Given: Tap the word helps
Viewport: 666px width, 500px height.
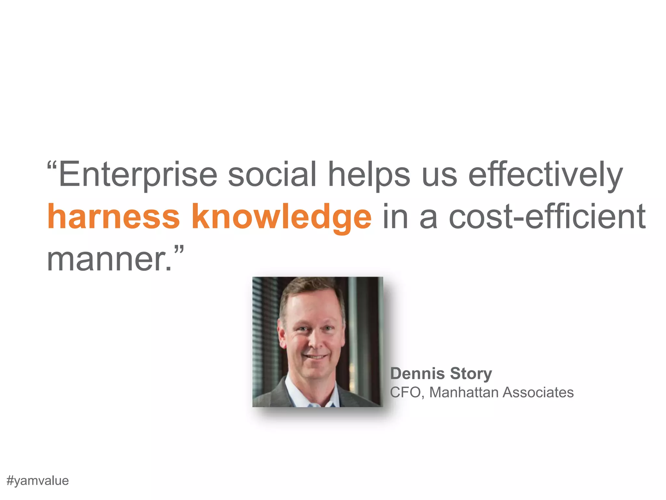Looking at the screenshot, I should click(x=369, y=175).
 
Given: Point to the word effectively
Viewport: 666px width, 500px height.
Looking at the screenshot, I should click(x=545, y=175).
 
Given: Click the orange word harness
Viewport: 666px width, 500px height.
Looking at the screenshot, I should click(x=113, y=216).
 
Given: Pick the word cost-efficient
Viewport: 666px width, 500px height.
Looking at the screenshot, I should click(x=547, y=216).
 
